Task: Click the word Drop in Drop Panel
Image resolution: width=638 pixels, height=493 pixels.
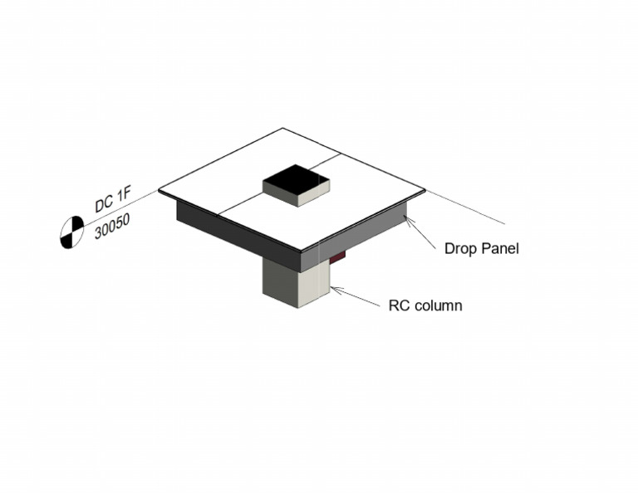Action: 460,248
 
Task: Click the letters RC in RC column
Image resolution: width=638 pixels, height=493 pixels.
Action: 399,305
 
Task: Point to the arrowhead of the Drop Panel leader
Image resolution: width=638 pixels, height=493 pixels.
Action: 407,218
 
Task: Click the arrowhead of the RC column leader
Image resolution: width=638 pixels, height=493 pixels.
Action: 334,289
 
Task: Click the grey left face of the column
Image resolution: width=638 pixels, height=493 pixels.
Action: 280,282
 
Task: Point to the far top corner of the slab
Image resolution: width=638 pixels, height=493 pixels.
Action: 283,128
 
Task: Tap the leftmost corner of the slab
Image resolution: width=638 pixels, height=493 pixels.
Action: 159,190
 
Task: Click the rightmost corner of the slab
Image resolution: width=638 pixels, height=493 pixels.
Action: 425,191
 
